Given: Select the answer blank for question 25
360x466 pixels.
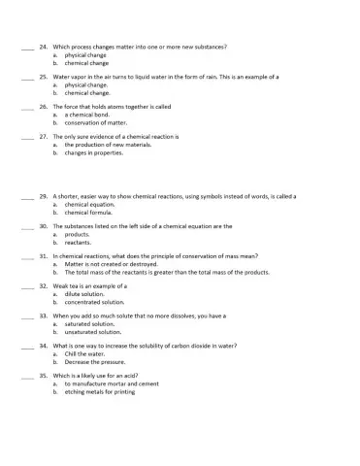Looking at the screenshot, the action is pyautogui.click(x=26, y=77).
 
